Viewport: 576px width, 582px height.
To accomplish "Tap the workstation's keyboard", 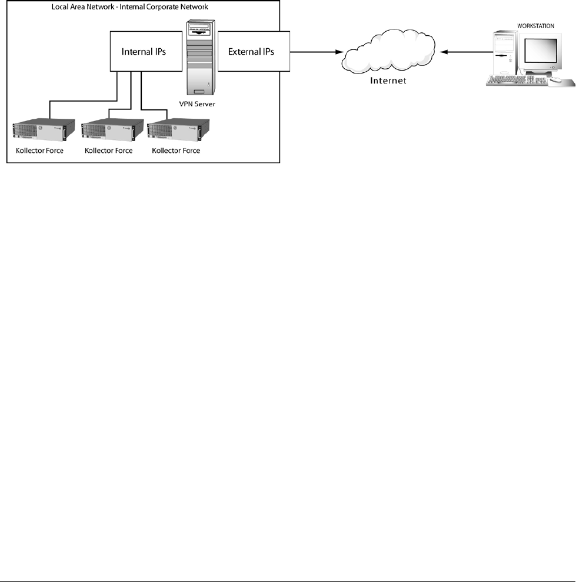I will (512, 82).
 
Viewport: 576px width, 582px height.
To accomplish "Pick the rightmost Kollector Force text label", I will (176, 150).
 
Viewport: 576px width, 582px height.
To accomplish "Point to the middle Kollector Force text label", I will (109, 150).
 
